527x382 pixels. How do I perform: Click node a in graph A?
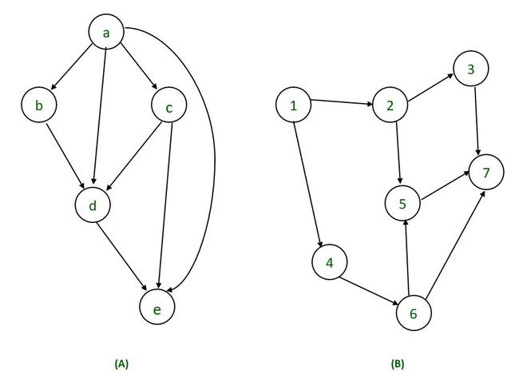[106, 33]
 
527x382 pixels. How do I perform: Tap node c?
[168, 108]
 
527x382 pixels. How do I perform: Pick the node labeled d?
[93, 205]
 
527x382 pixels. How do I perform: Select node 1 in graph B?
[294, 105]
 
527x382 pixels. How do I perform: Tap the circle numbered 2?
[390, 105]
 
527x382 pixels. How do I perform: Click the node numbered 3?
[471, 70]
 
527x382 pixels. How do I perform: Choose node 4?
[328, 262]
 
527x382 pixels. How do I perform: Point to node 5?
[402, 204]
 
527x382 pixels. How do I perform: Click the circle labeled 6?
[414, 312]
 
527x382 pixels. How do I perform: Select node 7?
[486, 173]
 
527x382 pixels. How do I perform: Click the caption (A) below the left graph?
[121, 364]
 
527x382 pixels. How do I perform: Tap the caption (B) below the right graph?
[398, 364]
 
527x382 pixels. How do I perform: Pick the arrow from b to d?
[66, 157]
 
